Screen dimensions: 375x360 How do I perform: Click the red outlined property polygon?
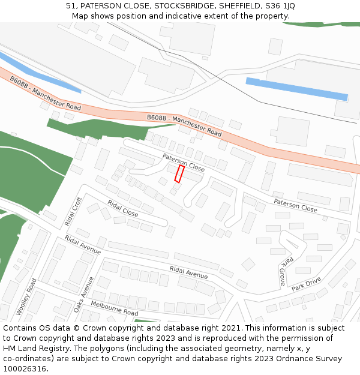click(179, 174)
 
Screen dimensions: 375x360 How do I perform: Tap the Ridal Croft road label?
click(73, 212)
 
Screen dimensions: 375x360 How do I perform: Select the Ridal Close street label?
click(122, 208)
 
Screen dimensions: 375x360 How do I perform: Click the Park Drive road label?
click(307, 283)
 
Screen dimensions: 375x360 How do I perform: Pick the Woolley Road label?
click(26, 296)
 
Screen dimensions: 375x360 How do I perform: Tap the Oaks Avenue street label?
click(84, 294)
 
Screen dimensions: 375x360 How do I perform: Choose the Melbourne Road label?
click(115, 309)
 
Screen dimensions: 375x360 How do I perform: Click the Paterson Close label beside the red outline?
click(183, 163)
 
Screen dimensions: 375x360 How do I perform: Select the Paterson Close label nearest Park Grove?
click(295, 205)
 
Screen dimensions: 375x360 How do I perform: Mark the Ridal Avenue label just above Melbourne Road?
click(188, 272)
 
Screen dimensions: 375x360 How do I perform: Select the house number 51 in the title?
click(71, 6)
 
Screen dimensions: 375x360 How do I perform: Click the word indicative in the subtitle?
click(187, 16)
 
